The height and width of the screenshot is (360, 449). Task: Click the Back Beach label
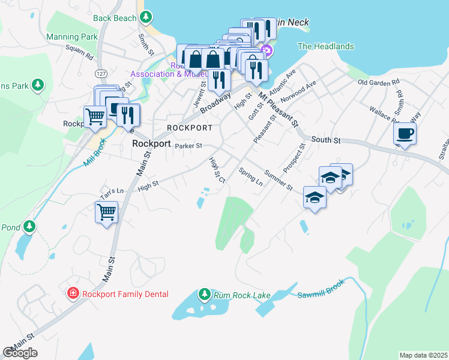click(115, 18)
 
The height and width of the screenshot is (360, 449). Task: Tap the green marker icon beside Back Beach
click(146, 18)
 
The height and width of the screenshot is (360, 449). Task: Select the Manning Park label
click(72, 37)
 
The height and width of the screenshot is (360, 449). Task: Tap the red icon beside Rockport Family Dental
click(73, 293)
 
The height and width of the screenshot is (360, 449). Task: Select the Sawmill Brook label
click(322, 295)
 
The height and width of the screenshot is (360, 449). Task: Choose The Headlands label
click(326, 46)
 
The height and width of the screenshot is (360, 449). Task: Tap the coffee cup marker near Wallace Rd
click(405, 133)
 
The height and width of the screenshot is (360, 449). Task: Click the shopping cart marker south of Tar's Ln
click(106, 212)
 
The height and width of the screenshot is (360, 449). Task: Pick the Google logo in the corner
click(20, 353)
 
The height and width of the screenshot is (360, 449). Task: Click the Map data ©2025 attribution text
click(423, 355)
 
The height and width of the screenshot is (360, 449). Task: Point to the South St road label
click(326, 140)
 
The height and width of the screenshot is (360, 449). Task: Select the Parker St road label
click(189, 145)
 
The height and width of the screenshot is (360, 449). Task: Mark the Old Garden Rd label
click(378, 82)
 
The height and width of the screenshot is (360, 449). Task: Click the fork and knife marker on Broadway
click(218, 78)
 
